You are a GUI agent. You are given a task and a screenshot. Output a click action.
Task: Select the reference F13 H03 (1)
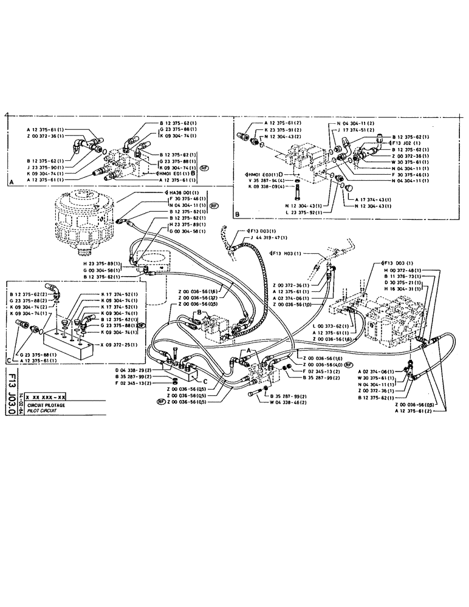(x=287, y=253)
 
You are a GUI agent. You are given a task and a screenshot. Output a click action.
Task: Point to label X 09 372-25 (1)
(x=117, y=352)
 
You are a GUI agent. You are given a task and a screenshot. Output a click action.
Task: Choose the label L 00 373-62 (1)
(x=327, y=326)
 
